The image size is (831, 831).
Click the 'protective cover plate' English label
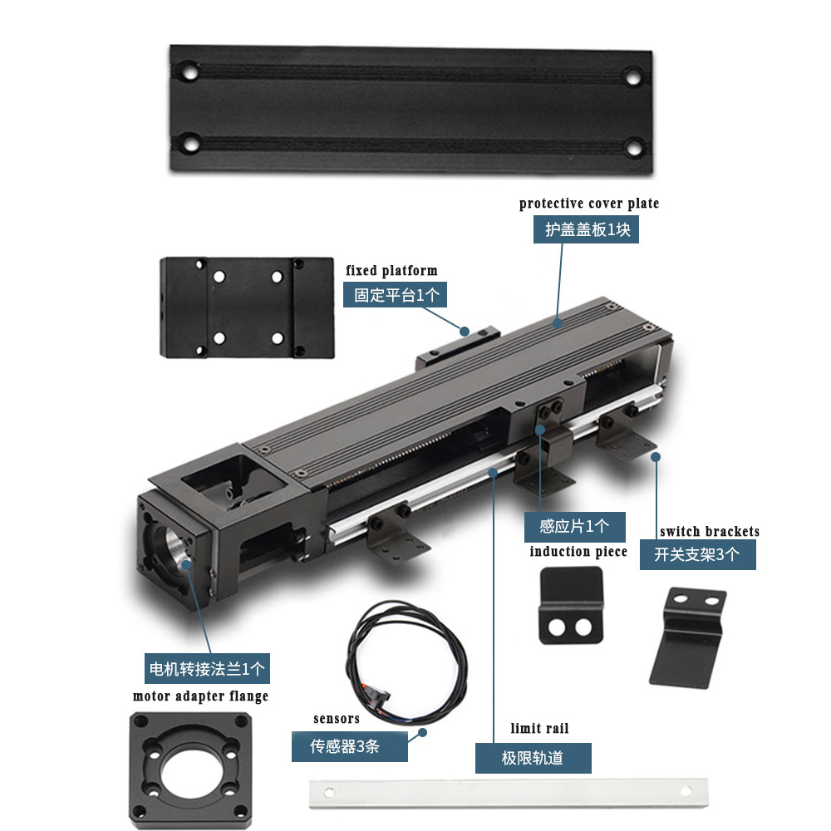pyautogui.click(x=588, y=204)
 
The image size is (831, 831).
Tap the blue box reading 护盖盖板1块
pyautogui.click(x=586, y=230)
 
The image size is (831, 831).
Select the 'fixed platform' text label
pyautogui.click(x=391, y=271)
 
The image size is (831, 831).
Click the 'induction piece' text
pyautogui.click(x=578, y=552)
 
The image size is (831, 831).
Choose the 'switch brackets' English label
pyautogui.click(x=709, y=532)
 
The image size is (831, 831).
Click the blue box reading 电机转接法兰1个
pyautogui.click(x=207, y=668)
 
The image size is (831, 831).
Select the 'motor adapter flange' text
pyautogui.click(x=200, y=696)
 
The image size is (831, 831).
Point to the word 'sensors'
pyautogui.click(x=337, y=719)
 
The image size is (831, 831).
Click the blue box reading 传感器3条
pyautogui.click(x=349, y=746)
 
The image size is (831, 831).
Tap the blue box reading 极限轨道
pyautogui.click(x=533, y=758)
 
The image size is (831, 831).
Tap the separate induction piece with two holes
pyautogui.click(x=570, y=605)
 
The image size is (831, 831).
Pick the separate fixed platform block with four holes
pyautogui.click(x=247, y=307)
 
